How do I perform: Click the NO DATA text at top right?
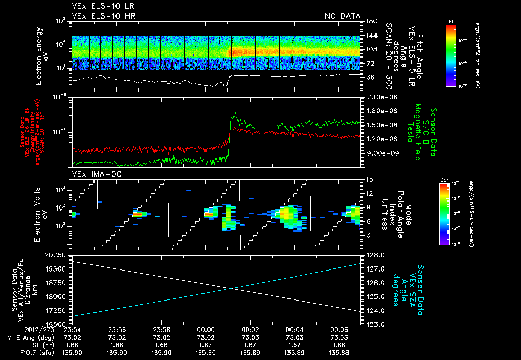[342, 16]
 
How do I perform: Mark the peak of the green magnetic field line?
[235, 113]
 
